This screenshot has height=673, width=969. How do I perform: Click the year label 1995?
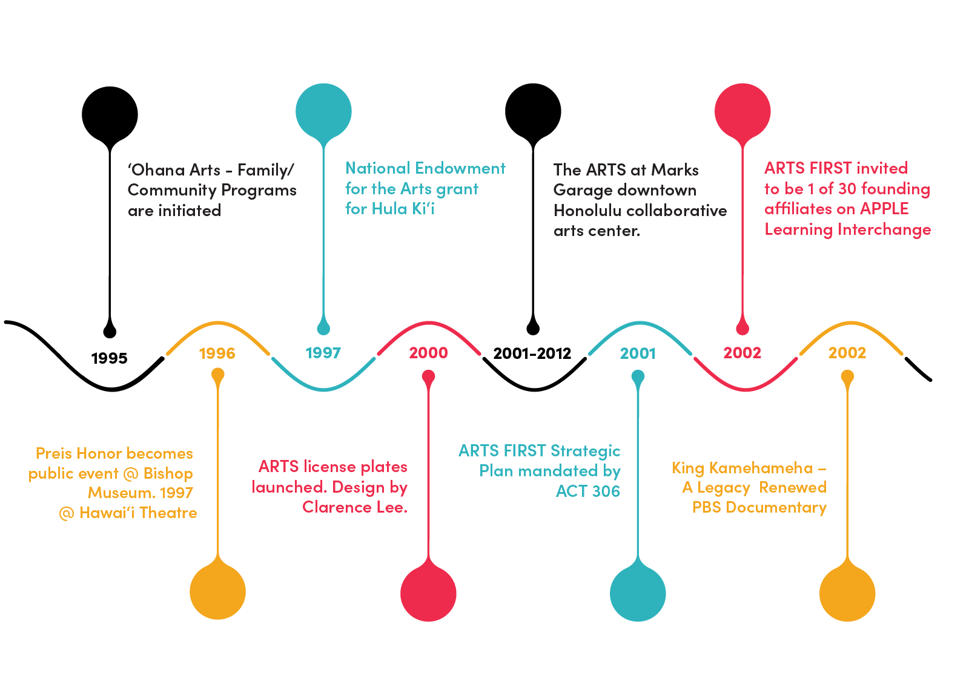pos(109,358)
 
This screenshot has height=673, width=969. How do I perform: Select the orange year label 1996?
pos(217,353)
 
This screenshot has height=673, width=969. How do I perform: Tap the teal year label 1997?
pos(323,353)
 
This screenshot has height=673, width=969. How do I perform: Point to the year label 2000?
pos(428,353)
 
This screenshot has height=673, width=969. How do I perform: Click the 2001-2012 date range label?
pos(532,353)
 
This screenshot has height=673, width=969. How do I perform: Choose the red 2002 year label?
pos(742,353)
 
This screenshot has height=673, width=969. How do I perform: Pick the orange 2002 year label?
pos(847,353)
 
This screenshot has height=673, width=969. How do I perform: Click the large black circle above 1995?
pos(110,114)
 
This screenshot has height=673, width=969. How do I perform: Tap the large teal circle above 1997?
pos(323,111)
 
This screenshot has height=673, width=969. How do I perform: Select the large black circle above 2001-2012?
pos(533,111)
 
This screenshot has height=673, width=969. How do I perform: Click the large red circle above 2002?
pos(742,111)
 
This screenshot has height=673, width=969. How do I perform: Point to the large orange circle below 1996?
pos(217,591)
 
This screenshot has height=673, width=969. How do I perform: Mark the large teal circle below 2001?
pos(638,593)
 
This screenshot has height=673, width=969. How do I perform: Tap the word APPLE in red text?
pos(884,209)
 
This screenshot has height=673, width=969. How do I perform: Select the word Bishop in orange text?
pos(168,474)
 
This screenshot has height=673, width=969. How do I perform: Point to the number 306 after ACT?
pos(606,491)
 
